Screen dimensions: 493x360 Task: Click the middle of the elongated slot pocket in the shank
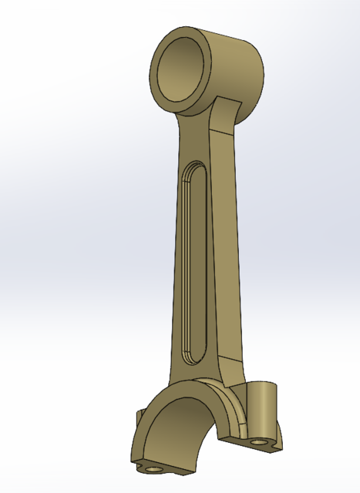(x=193, y=262)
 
